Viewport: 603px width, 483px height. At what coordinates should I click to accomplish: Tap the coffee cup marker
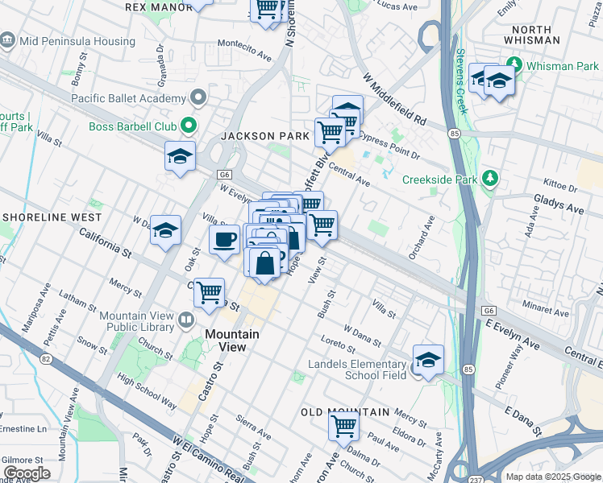(x=224, y=238)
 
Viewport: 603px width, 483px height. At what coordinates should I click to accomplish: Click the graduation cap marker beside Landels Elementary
(x=428, y=359)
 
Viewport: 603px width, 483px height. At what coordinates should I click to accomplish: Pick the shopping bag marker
(x=264, y=262)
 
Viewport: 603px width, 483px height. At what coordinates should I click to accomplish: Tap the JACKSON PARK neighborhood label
(x=265, y=136)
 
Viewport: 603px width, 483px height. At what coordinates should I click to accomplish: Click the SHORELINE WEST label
(x=52, y=217)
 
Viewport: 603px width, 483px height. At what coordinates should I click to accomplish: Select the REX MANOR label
(x=159, y=6)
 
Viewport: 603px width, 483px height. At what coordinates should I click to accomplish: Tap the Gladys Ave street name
(x=563, y=208)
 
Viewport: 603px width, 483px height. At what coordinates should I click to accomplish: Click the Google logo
(x=27, y=473)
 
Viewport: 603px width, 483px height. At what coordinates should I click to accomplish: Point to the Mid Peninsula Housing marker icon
(x=8, y=40)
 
